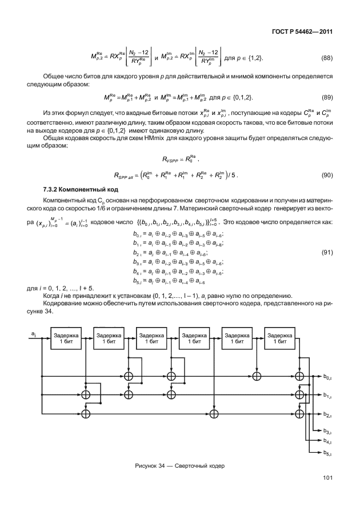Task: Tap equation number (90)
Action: (x=326, y=175)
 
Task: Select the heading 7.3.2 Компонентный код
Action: (x=81, y=189)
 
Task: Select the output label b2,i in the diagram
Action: (x=327, y=413)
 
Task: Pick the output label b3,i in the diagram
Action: (x=327, y=430)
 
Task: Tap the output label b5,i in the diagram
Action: (x=327, y=453)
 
